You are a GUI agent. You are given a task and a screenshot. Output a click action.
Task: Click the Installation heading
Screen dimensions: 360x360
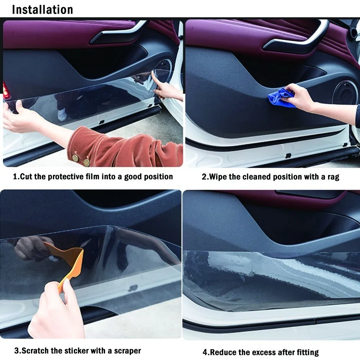(42, 9)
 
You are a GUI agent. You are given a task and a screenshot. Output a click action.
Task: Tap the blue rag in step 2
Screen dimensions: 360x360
(281, 97)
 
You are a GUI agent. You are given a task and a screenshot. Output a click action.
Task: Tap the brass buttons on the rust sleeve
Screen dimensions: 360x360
(81, 160)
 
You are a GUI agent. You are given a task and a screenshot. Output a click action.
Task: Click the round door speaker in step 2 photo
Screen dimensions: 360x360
(345, 92)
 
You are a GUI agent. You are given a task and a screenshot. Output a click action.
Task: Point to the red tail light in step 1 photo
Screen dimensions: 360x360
(6, 90)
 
